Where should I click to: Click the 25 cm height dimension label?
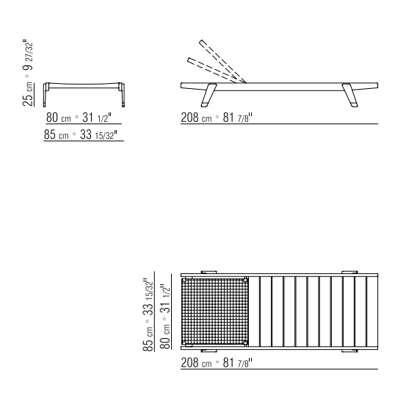point(28,94)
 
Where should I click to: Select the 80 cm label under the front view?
point(59,118)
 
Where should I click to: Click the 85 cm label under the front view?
point(57,134)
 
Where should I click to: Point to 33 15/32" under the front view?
point(98,134)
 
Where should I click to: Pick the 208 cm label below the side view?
point(196,118)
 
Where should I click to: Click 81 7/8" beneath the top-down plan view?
point(237,363)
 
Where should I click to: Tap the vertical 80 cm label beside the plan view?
point(165,337)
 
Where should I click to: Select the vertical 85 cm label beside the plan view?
point(148,338)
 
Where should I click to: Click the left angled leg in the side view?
point(209,95)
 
